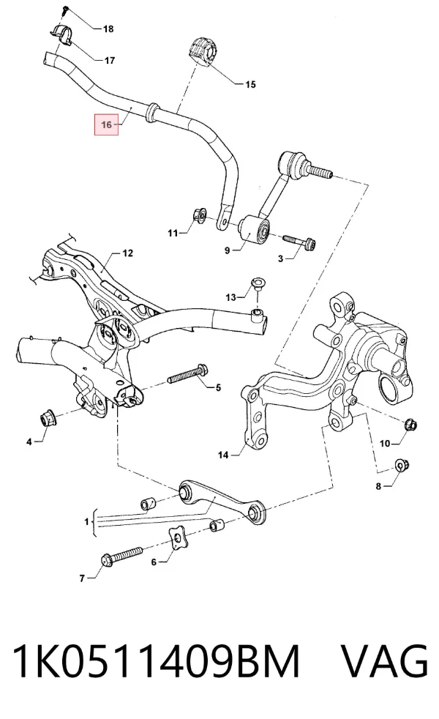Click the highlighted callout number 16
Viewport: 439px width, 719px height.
click(x=106, y=124)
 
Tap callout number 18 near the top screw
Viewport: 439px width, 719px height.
click(x=108, y=29)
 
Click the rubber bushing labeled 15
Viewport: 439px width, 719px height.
click(x=203, y=53)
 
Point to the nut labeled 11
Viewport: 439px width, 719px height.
click(x=198, y=215)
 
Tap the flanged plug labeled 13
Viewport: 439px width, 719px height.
click(x=257, y=283)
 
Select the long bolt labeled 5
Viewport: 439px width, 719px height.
click(x=188, y=373)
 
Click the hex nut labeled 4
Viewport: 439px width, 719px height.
click(x=46, y=418)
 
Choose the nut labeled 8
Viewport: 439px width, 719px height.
click(x=402, y=466)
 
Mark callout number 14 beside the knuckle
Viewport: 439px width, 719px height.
click(x=222, y=455)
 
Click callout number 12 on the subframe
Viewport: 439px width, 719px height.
click(x=127, y=253)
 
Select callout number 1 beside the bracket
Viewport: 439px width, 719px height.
click(x=86, y=522)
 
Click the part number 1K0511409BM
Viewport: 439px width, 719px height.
click(x=156, y=660)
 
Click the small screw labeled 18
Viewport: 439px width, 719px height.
click(x=65, y=10)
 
